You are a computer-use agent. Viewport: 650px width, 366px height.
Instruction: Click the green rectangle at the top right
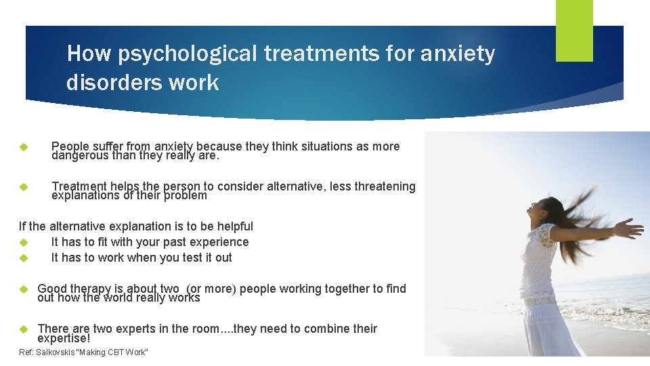click(574, 30)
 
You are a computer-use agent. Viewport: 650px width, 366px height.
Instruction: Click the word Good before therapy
click(51, 289)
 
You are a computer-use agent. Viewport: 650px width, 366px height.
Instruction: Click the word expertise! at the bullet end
click(64, 338)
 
